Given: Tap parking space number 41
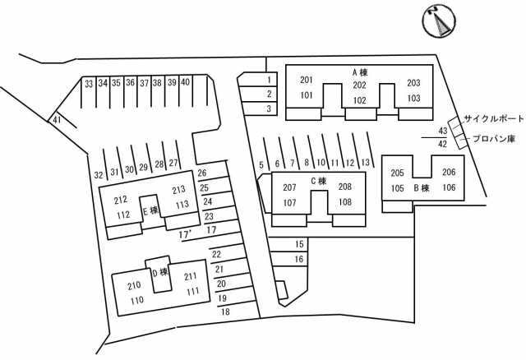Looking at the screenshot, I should (x=57, y=120).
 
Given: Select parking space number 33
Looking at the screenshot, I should (x=88, y=83).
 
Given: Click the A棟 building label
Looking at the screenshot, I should (x=359, y=72).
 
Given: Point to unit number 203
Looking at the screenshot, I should (x=413, y=83).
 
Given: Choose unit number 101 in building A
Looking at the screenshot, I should (x=307, y=95).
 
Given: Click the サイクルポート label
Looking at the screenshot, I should (x=493, y=119).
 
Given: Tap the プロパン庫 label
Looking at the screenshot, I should (x=497, y=140).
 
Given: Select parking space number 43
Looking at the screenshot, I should (x=442, y=132).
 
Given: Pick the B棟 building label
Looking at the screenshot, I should (x=421, y=187).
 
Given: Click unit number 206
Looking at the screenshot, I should (x=449, y=173).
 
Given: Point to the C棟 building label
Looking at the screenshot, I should (x=319, y=181).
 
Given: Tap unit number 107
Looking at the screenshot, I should (x=289, y=202).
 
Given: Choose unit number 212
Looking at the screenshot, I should (x=122, y=200).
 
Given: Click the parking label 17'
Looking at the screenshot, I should (x=185, y=235).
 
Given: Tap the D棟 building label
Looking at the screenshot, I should (x=159, y=273).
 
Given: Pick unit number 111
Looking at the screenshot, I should (x=191, y=291).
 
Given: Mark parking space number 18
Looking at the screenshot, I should (x=224, y=312).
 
